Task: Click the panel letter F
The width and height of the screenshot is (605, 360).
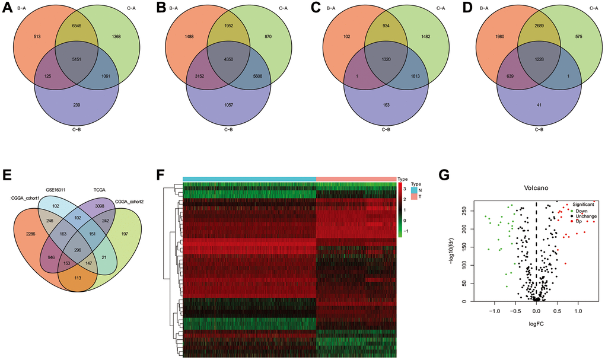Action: (x=161, y=176)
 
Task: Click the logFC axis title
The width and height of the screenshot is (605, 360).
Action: (x=536, y=325)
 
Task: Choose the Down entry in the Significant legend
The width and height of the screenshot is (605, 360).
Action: (x=577, y=210)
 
